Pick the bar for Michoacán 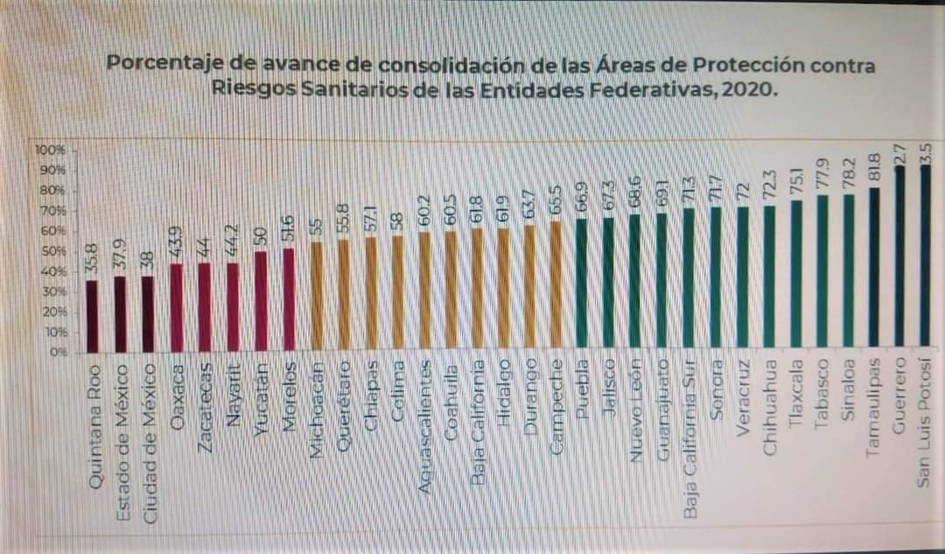(317, 298)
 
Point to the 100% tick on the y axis (45, 150)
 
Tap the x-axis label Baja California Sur (691, 438)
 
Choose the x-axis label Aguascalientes (425, 424)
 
